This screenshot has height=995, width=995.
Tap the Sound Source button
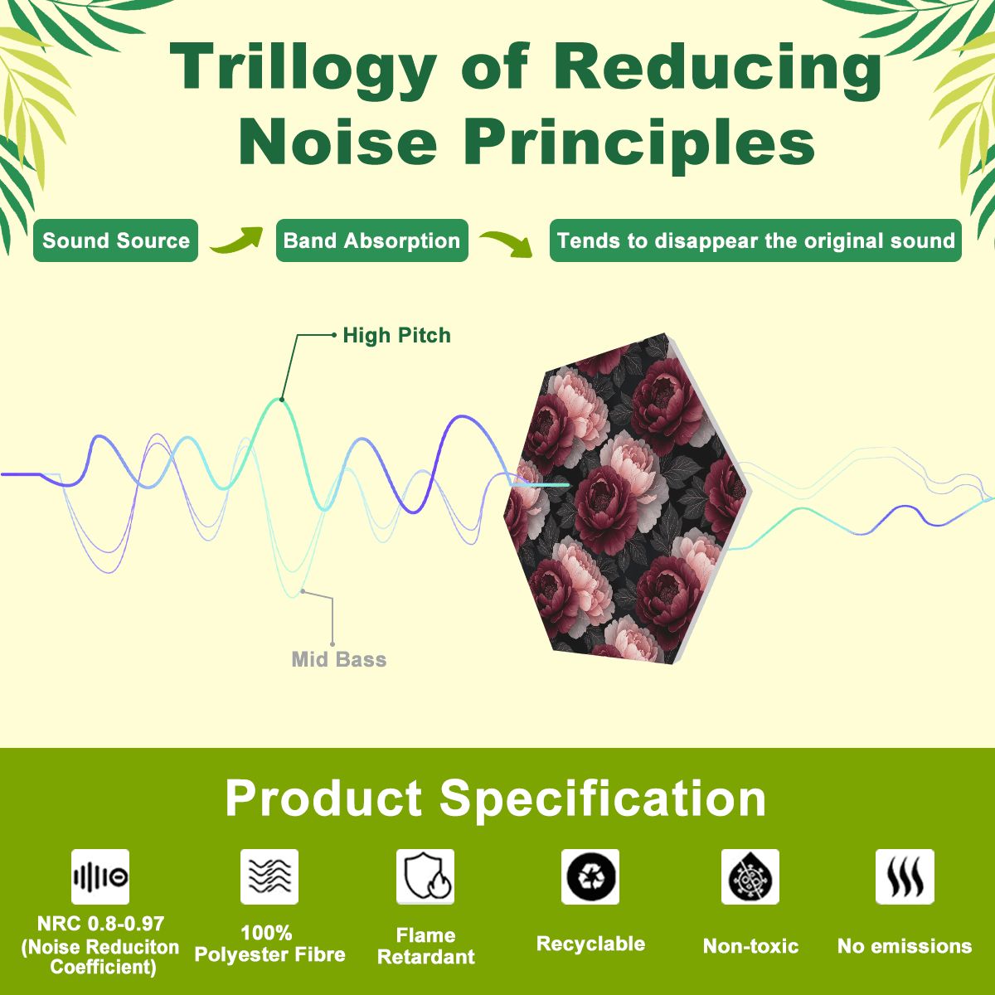[115, 240]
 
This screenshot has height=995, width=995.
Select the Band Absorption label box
[371, 240]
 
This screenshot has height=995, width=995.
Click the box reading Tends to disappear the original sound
[755, 240]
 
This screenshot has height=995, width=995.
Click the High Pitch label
[396, 335]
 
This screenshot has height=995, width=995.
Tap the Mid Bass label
[339, 659]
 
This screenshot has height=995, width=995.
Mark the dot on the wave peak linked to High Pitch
[281, 400]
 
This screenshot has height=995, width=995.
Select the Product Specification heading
[496, 798]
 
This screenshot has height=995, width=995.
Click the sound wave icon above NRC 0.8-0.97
[100, 876]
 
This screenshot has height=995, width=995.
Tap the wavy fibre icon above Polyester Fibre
[269, 876]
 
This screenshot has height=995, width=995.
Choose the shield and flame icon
[425, 876]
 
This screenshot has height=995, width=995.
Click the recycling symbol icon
[590, 876]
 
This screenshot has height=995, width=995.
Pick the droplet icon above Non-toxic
[750, 876]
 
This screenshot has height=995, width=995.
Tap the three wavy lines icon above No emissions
[905, 876]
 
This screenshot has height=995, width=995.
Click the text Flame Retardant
[426, 946]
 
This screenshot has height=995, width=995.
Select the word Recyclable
[590, 944]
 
